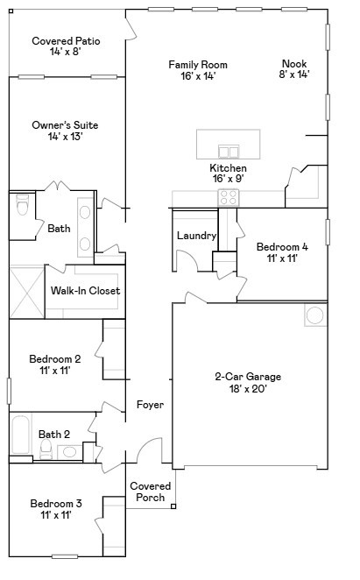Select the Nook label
click(293, 63)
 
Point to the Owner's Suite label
click(65, 125)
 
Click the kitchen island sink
click(229, 147)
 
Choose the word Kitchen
click(227, 168)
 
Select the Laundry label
click(196, 236)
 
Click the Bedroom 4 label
click(282, 248)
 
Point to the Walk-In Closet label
click(85, 291)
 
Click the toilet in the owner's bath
click(24, 208)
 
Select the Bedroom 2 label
click(54, 359)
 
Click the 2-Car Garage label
click(248, 378)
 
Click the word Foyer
click(150, 405)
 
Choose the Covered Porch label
click(150, 492)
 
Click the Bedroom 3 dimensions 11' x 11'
click(54, 515)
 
